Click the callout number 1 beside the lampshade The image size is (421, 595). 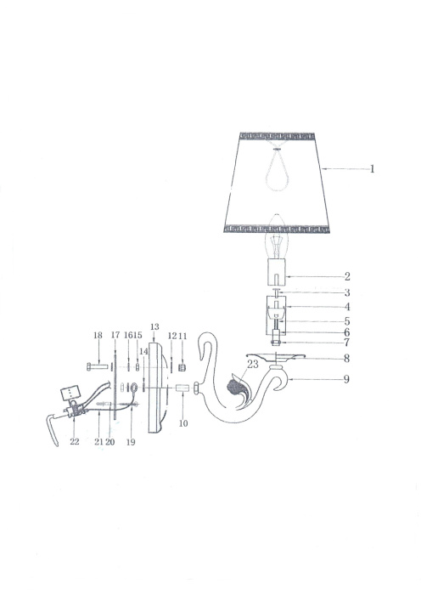(372, 169)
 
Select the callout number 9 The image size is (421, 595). (346, 379)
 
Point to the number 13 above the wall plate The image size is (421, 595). (154, 327)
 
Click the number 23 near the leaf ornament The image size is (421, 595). (251, 363)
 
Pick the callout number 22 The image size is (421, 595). (75, 442)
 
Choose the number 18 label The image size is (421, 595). (97, 336)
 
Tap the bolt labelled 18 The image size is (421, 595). (93, 365)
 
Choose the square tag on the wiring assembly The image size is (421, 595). (67, 394)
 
